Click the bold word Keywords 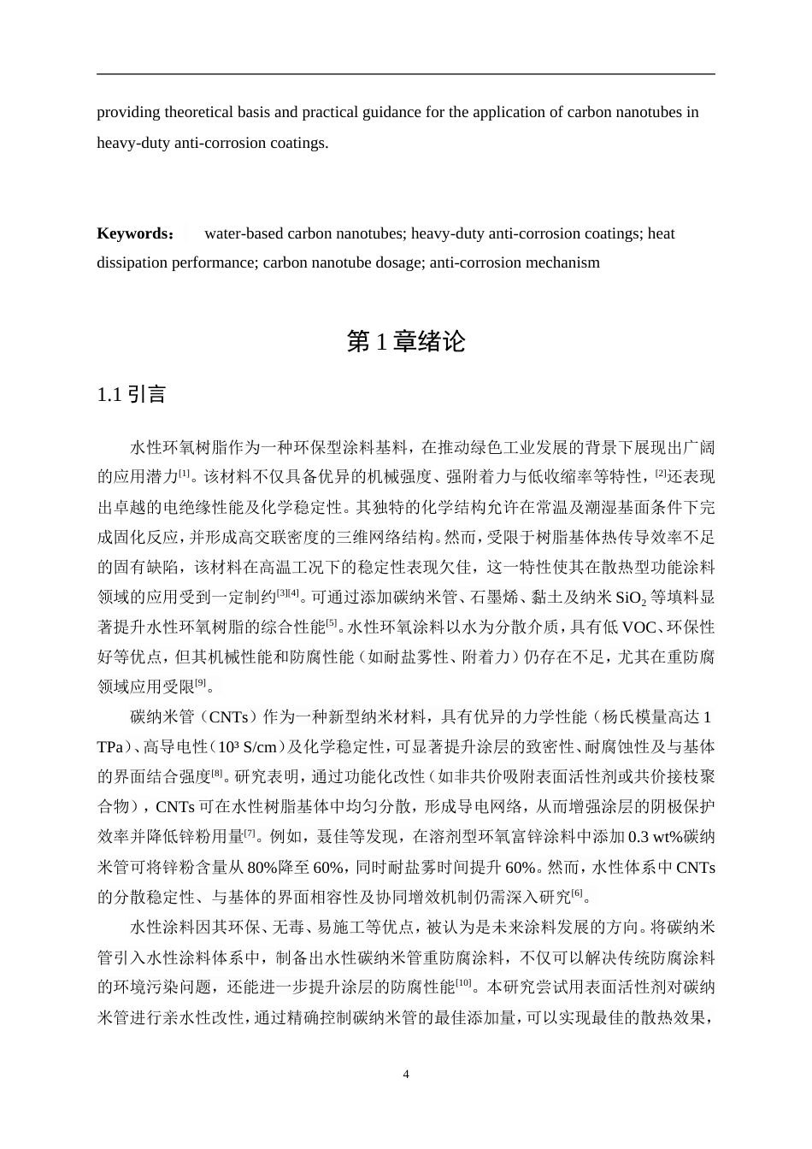(x=133, y=233)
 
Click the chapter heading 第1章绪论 (x=406, y=342)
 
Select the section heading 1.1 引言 (x=132, y=394)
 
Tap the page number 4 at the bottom (x=406, y=1074)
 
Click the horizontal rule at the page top (x=406, y=74)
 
